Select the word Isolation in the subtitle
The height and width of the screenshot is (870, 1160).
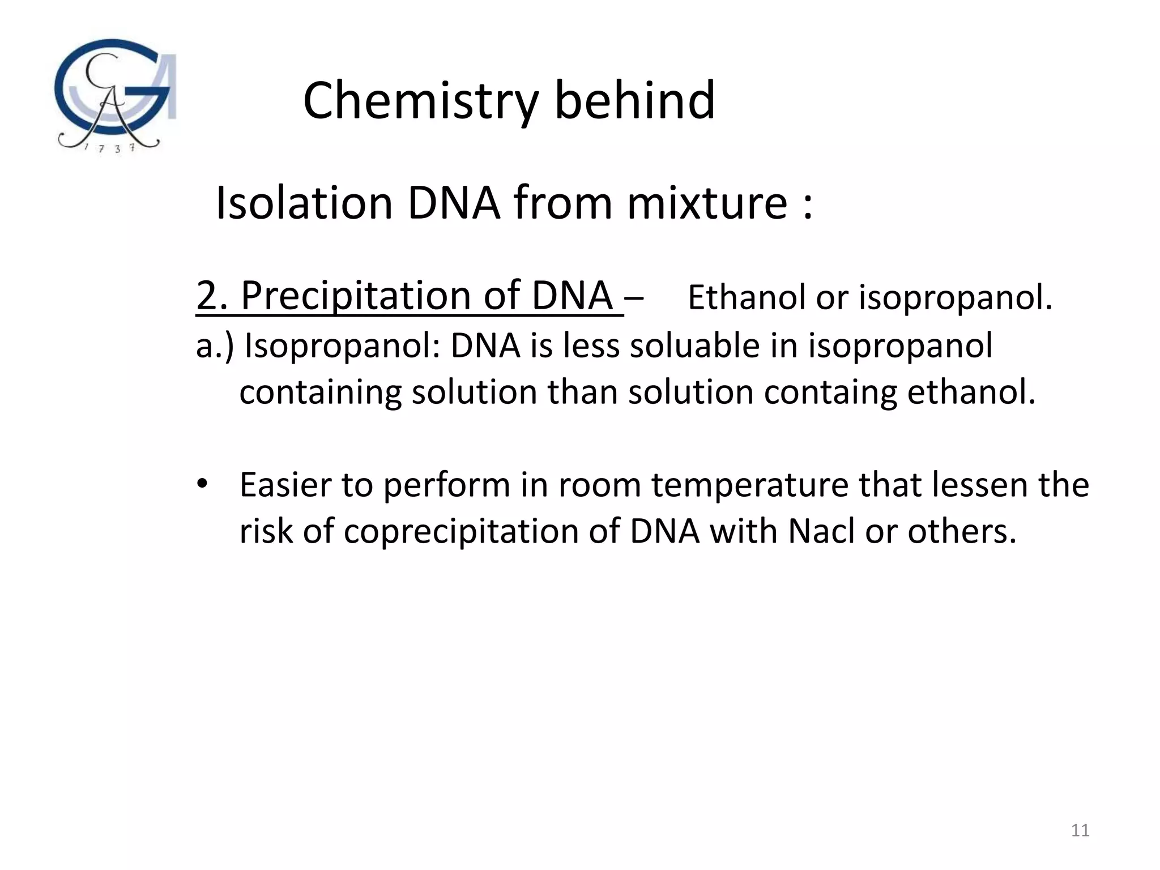(304, 203)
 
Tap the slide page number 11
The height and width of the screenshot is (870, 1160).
(1080, 830)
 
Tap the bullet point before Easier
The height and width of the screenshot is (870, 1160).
(202, 484)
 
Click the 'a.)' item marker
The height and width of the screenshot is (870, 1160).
(214, 346)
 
